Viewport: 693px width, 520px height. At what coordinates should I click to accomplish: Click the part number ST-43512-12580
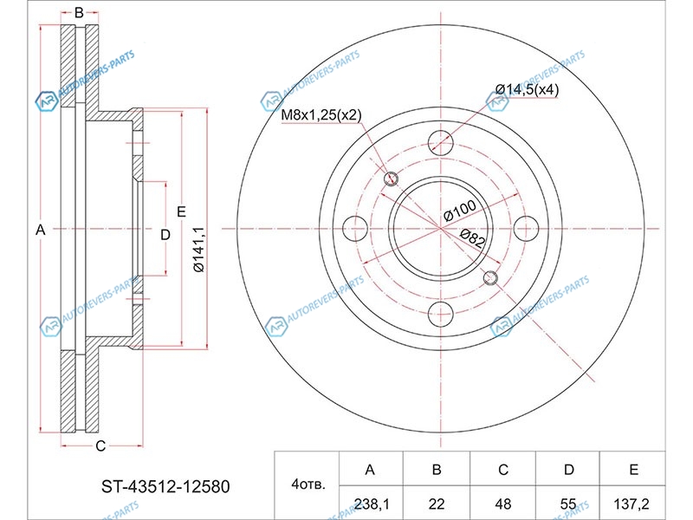(x=165, y=486)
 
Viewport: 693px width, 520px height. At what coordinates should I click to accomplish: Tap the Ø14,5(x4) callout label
(x=527, y=90)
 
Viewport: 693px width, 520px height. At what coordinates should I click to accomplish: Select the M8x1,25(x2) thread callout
(x=321, y=115)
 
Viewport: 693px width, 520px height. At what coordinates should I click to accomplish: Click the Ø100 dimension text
(x=460, y=210)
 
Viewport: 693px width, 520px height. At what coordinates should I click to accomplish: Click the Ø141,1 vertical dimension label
(x=198, y=250)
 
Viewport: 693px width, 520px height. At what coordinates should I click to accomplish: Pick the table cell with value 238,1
(x=372, y=504)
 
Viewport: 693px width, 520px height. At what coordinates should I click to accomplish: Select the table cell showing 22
(x=437, y=504)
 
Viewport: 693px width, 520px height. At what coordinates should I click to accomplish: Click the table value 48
(x=503, y=504)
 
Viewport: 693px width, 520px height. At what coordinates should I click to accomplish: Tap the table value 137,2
(x=631, y=504)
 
